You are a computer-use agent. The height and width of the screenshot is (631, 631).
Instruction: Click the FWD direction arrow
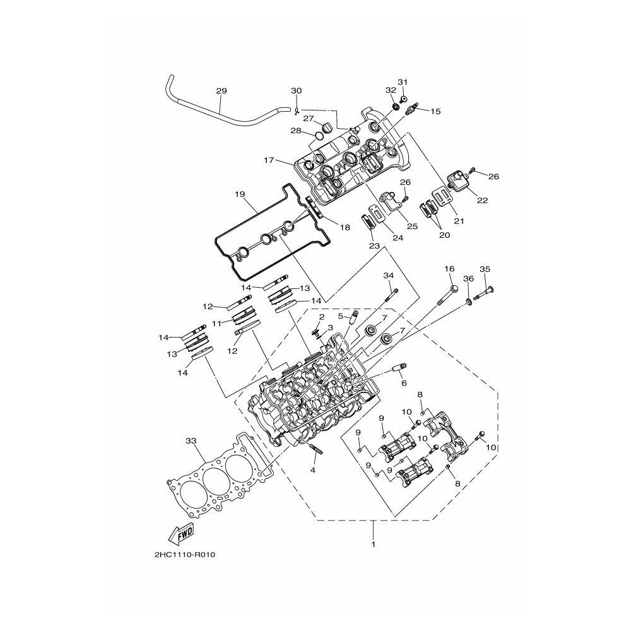tap(180, 534)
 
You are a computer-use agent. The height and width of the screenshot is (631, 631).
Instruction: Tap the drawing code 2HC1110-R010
tap(185, 555)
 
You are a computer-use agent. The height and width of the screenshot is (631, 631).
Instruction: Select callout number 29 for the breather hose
tap(221, 91)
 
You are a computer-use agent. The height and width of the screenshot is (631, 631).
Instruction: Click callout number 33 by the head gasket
tap(191, 441)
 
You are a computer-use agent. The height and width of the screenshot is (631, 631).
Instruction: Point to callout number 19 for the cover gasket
tap(240, 194)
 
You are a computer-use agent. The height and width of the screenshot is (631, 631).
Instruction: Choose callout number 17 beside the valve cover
tap(269, 160)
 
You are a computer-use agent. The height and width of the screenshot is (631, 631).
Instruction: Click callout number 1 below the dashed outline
tap(374, 545)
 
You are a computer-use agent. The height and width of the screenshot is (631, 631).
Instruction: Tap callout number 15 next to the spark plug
tap(435, 112)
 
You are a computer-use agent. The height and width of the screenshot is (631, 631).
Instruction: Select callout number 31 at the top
tap(403, 82)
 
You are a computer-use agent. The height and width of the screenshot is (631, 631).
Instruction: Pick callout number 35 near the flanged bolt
tap(485, 269)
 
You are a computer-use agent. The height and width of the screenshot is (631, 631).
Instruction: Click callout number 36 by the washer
tap(468, 278)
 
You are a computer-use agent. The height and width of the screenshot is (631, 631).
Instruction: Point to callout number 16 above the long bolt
tap(449, 269)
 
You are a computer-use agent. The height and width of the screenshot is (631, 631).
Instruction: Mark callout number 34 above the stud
tap(388, 276)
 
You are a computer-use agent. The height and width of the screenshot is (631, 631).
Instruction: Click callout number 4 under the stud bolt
tap(313, 470)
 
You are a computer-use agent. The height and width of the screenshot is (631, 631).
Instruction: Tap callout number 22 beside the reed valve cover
tap(482, 201)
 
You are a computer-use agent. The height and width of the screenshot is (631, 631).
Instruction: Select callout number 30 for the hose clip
tap(296, 91)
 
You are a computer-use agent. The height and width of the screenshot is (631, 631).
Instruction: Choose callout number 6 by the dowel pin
tap(404, 383)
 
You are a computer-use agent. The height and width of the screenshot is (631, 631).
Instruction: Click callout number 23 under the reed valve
tap(374, 246)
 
